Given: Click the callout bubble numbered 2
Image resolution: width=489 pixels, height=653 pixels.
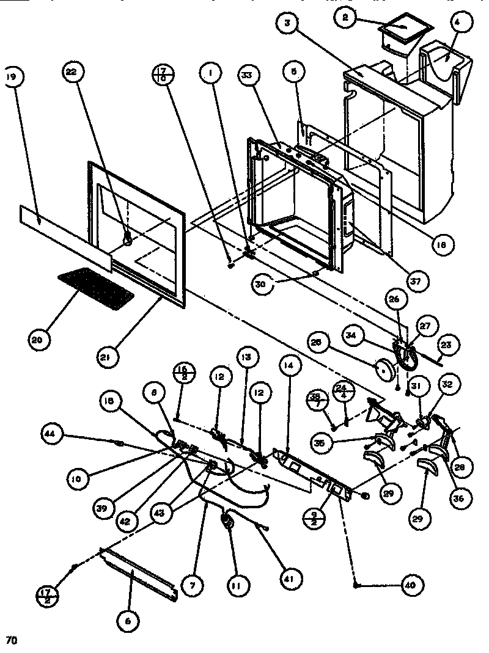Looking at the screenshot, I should point(345,18).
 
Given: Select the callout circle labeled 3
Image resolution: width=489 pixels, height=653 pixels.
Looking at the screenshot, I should point(288,25).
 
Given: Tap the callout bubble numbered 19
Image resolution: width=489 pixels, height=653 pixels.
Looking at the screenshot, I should point(11,78).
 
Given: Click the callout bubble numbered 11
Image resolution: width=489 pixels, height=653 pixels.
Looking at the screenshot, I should point(235,585).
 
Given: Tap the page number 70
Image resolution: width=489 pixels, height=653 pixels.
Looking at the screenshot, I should point(11,640).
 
